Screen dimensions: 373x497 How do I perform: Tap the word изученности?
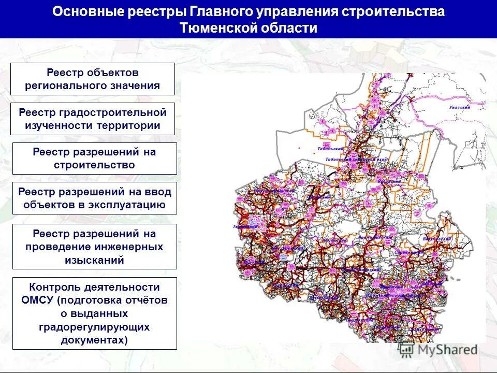coord(57,125)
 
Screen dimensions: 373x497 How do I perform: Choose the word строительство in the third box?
coord(94,165)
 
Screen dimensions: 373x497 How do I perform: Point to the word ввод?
coord(159,192)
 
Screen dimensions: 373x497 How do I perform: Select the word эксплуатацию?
coord(130,205)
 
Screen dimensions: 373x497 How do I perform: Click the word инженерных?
coord(129,247)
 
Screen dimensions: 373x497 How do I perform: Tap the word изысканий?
coord(94,260)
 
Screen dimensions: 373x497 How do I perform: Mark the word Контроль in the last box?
coord(53,287)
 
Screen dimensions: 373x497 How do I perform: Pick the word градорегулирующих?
coord(94,327)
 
